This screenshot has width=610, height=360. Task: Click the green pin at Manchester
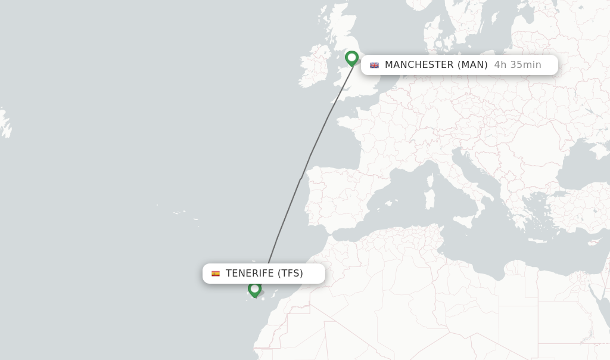tap(351, 58)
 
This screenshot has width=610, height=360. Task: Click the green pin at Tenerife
tap(254, 288)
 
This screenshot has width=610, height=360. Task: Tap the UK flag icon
tap(374, 65)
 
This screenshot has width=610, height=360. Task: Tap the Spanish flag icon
tap(216, 274)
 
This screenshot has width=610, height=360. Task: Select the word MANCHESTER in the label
tap(419, 65)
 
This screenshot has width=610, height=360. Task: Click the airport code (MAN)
tap(472, 65)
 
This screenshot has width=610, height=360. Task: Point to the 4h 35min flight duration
tap(517, 65)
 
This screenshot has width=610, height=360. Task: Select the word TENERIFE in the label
tap(250, 274)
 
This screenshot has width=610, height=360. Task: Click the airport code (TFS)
tap(290, 274)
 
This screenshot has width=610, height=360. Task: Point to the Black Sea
tap(581, 164)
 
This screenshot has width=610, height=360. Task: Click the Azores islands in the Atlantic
tap(179, 213)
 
